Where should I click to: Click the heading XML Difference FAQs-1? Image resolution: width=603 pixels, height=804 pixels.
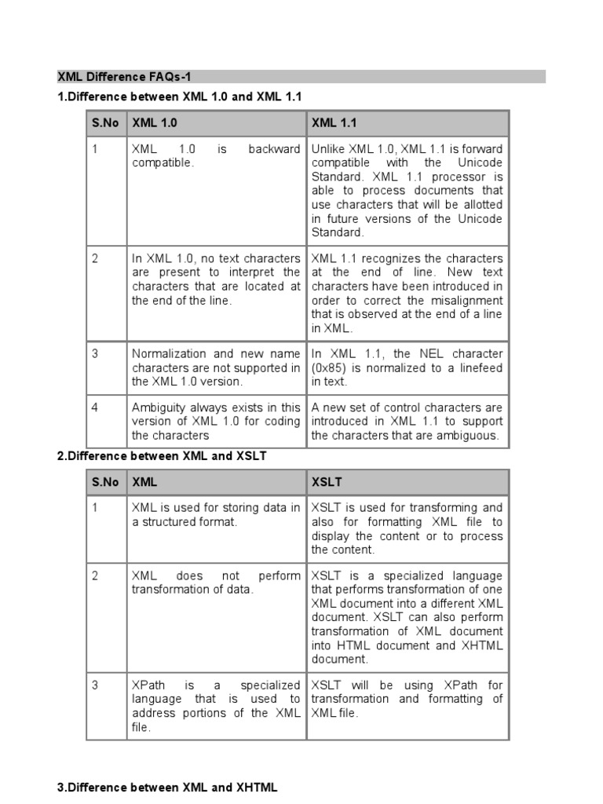tap(123, 77)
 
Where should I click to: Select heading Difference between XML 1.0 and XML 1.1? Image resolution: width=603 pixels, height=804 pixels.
tap(179, 96)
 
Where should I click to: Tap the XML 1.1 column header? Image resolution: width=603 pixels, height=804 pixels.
tap(334, 123)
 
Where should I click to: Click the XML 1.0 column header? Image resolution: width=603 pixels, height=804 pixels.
tap(155, 123)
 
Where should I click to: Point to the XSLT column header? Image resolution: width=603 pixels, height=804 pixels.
tap(327, 482)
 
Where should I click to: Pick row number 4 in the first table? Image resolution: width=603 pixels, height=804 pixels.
tap(95, 407)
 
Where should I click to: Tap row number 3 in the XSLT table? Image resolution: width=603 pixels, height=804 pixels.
tap(95, 685)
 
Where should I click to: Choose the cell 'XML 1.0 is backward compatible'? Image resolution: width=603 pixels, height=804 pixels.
tap(215, 156)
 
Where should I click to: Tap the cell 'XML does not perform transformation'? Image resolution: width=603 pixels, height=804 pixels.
tap(215, 583)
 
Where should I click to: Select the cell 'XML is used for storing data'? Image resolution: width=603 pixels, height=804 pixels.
tap(215, 514)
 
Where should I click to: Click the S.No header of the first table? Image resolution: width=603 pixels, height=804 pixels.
tap(104, 123)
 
